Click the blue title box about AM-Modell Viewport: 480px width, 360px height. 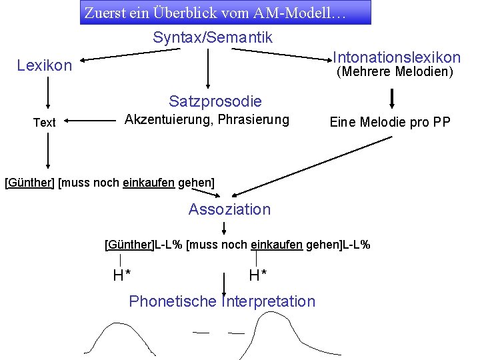pos(225,13)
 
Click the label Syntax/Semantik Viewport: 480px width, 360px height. pos(213,37)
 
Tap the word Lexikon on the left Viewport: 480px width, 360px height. pos(45,65)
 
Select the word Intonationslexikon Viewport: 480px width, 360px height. pos(396,57)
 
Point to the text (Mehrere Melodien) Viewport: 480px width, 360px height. pos(394,71)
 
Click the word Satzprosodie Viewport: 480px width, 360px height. pos(215,101)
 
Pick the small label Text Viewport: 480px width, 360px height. pos(45,123)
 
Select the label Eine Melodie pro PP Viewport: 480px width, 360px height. pos(390,122)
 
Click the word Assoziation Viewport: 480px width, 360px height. pos(229,209)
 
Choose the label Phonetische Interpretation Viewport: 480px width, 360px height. pos(222,301)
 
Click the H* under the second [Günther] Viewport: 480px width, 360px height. pos(121,275)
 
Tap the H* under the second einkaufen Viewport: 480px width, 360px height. pos(258,275)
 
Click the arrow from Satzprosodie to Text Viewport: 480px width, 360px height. pos(91,121)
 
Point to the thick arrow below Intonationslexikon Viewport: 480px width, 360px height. pos(392,97)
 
